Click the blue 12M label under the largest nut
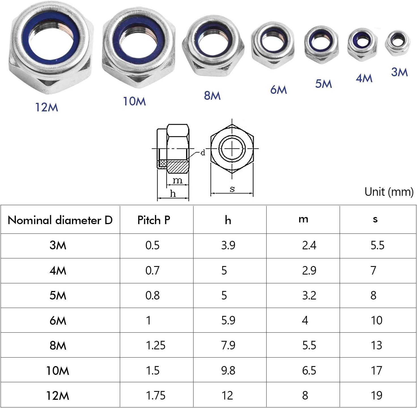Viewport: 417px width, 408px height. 46,107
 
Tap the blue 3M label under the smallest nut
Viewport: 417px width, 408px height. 399,72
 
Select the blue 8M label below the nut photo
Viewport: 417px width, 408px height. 212,95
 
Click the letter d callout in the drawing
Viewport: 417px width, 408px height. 203,153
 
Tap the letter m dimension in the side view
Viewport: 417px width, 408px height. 178,180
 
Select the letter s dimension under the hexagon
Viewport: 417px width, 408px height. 232,189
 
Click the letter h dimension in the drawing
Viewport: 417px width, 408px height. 173,194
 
